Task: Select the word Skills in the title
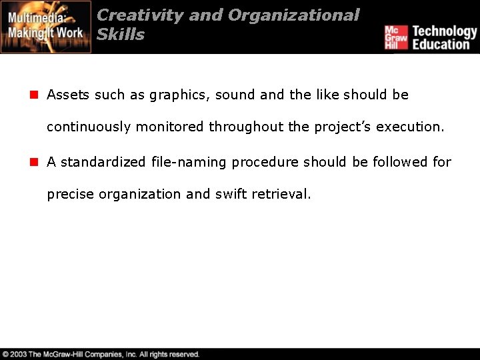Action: click(121, 35)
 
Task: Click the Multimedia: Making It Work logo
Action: click(45, 27)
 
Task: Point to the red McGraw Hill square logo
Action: click(396, 37)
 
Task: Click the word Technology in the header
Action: click(445, 31)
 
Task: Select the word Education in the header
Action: click(441, 45)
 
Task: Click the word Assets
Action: click(69, 95)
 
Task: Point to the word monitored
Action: click(170, 127)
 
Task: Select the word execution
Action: click(410, 127)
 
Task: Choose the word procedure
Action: click(266, 163)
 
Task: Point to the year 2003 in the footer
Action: click(19, 355)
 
